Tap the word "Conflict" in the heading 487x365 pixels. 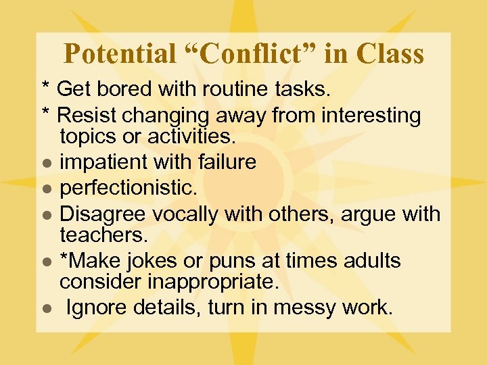251,53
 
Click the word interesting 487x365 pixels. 371,115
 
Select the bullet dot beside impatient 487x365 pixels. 45,164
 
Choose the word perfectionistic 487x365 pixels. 127,188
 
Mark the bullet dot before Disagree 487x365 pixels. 45,216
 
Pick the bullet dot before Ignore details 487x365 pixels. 45,309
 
